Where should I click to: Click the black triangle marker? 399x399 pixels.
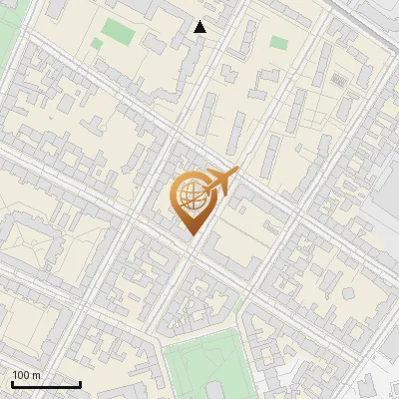click(200, 27)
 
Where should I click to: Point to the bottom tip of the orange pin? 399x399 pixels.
click(190, 235)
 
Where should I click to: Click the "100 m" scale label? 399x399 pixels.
click(26, 375)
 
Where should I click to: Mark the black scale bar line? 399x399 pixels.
click(46, 384)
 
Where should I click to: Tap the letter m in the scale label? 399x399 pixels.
click(37, 375)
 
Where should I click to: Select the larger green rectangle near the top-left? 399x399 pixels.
click(118, 33)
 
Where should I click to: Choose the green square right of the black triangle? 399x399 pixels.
click(278, 43)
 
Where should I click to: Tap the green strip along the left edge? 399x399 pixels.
click(5, 40)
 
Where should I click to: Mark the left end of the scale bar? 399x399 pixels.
click(12, 384)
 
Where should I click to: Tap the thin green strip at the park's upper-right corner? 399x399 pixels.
click(240, 304)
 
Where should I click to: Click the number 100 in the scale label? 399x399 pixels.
click(21, 375)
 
